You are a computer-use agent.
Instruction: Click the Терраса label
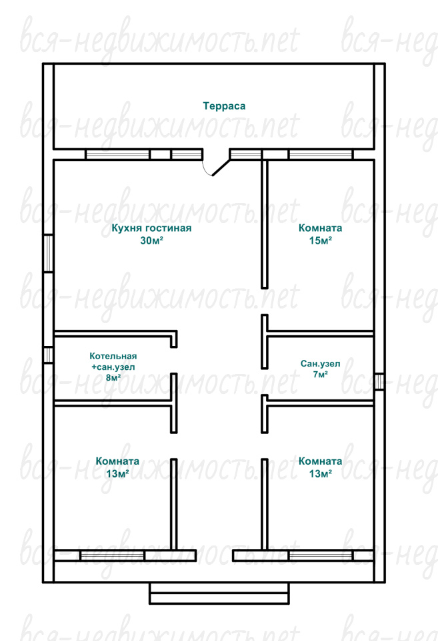[224, 106]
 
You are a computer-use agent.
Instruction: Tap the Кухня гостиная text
[151, 228]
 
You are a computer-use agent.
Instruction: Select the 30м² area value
[151, 240]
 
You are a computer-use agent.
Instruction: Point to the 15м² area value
[321, 240]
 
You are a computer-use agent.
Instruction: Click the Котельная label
[113, 356]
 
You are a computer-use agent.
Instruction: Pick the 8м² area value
[113, 377]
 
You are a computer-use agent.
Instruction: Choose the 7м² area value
[321, 374]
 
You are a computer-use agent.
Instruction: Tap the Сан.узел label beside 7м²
[321, 363]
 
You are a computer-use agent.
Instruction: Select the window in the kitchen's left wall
[48, 253]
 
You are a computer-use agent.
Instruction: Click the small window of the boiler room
[48, 355]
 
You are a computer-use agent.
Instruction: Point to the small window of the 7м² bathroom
[379, 381]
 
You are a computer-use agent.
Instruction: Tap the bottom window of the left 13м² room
[112, 556]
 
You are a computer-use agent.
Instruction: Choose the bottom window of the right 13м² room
[321, 556]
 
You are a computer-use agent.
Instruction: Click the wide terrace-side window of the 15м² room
[321, 154]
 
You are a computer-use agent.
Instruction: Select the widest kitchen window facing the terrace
[117, 154]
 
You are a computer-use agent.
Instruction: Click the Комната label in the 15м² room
[321, 228]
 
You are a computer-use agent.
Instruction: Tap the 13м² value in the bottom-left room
[117, 474]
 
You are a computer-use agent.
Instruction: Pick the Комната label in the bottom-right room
[321, 461]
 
